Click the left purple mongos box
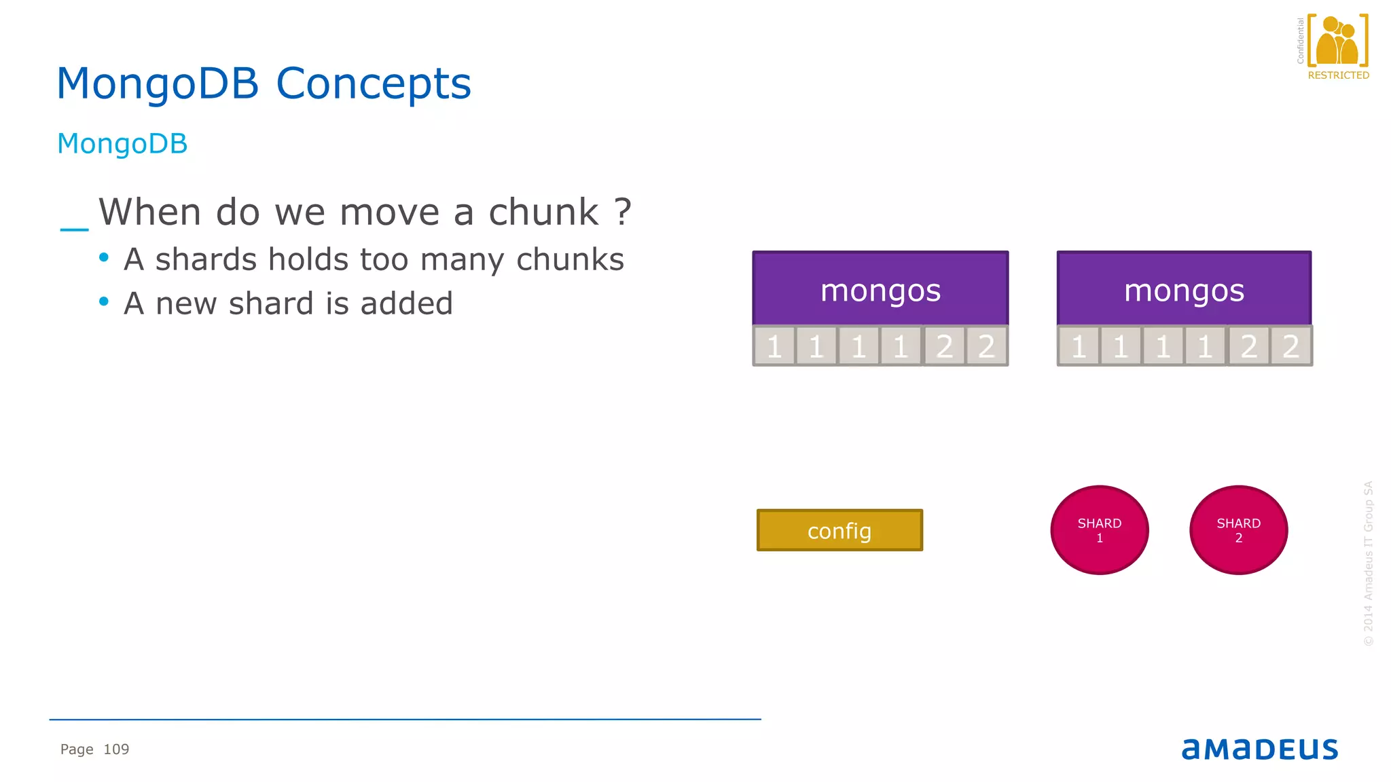click(x=880, y=288)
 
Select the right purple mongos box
click(x=1184, y=288)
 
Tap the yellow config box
click(x=839, y=530)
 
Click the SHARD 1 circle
click(x=1100, y=530)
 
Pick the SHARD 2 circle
click(x=1238, y=530)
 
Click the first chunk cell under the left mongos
click(x=774, y=346)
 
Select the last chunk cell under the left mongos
click(x=986, y=346)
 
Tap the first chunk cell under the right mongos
click(x=1079, y=346)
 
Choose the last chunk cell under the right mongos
click(x=1290, y=346)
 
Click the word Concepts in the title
click(x=373, y=84)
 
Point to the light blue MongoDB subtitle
click(x=122, y=144)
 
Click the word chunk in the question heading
click(x=543, y=212)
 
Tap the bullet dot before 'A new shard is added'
click(x=104, y=301)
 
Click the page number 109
click(x=116, y=749)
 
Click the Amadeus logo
click(x=1259, y=749)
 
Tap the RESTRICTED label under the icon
click(x=1338, y=75)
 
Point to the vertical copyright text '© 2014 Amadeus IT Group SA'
click(x=1368, y=563)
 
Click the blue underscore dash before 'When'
click(x=74, y=229)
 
